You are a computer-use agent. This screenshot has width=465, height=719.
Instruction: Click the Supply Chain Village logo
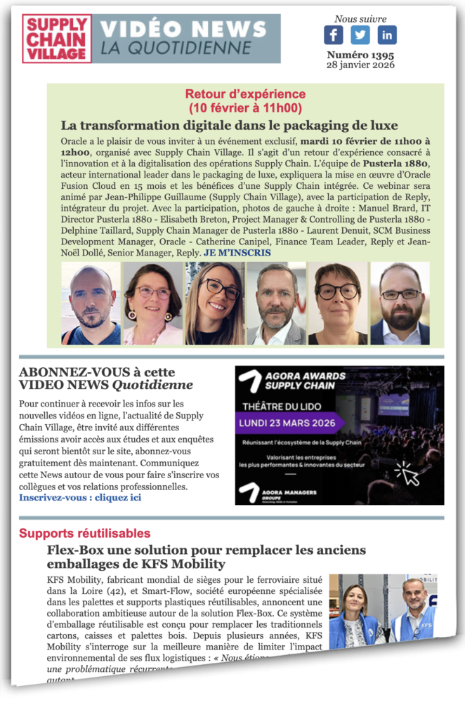click(56, 39)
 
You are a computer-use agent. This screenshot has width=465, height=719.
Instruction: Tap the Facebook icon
click(334, 35)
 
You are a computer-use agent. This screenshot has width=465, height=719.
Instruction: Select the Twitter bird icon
click(360, 35)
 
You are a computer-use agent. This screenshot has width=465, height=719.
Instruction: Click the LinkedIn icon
click(387, 35)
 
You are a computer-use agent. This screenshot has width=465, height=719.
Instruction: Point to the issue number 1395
click(360, 55)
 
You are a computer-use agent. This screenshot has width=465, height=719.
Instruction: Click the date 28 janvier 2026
click(360, 65)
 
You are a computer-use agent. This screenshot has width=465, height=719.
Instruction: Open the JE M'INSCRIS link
click(237, 253)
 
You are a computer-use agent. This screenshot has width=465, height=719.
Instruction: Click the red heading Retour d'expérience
click(245, 94)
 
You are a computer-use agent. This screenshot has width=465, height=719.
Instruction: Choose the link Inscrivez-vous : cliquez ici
click(80, 497)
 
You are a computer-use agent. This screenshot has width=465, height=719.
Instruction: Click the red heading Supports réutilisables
click(84, 534)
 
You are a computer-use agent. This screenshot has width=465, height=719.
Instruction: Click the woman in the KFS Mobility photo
click(355, 616)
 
